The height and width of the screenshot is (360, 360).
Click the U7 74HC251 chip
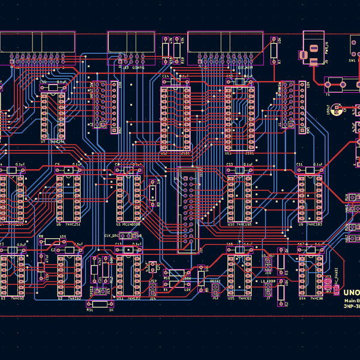[52, 114]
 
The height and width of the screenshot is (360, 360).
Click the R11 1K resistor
[100, 303]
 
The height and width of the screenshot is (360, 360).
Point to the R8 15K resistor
[53, 243]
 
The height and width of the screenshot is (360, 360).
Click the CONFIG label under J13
[137, 68]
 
